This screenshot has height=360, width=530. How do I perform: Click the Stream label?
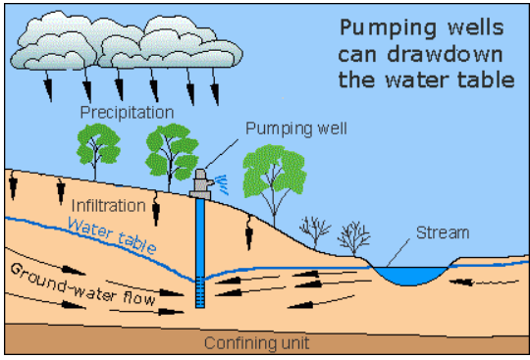click(x=442, y=232)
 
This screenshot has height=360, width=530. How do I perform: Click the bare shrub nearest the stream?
click(x=350, y=235)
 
